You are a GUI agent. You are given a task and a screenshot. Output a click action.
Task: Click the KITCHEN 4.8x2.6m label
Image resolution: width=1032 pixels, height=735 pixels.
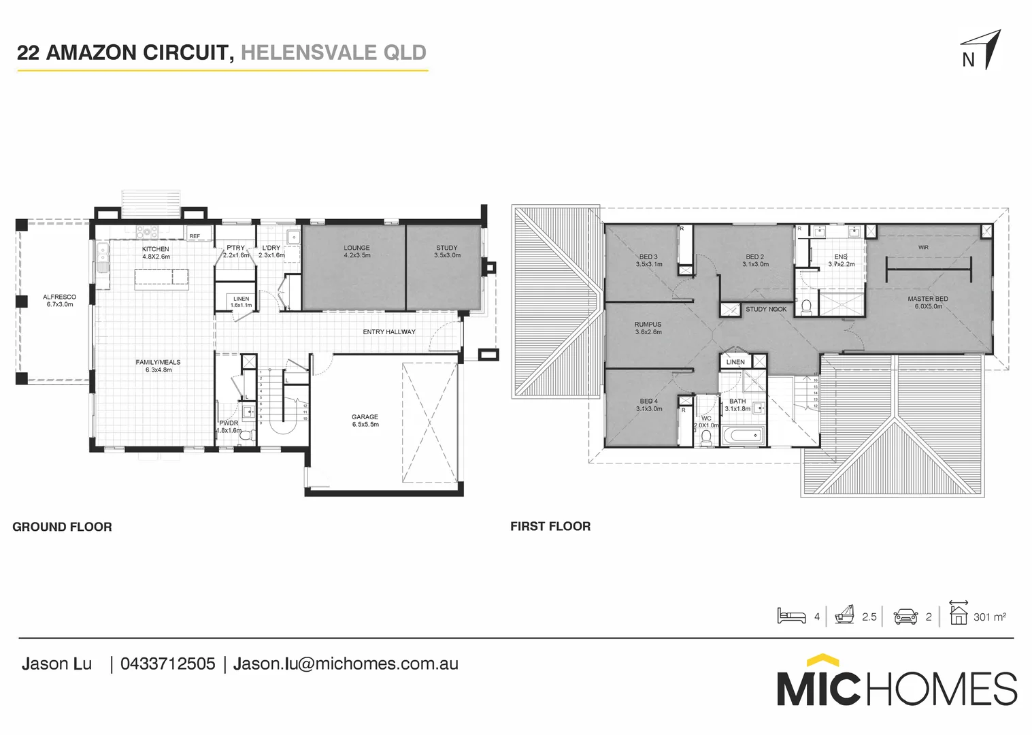[x=156, y=253]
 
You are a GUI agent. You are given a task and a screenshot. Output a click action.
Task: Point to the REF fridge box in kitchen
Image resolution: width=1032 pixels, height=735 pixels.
[x=195, y=236]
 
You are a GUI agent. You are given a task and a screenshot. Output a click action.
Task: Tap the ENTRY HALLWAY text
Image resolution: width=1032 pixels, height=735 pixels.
[x=388, y=332]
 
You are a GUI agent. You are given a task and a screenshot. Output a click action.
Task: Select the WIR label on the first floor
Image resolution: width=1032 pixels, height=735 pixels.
[x=922, y=248]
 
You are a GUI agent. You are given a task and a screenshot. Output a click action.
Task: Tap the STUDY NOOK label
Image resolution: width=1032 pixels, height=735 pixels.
[x=765, y=310]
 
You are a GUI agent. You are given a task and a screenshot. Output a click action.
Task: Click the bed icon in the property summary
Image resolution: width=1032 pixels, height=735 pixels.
[x=791, y=616]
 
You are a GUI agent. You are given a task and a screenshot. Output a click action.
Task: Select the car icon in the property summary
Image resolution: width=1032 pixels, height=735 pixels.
[x=905, y=617]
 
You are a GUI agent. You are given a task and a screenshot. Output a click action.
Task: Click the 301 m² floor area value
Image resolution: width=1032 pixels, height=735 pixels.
[x=989, y=617]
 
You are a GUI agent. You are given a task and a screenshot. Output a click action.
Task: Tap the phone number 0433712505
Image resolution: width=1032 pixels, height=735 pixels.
[x=167, y=664]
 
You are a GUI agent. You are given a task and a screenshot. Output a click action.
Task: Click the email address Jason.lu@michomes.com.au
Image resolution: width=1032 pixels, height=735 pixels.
[x=346, y=664]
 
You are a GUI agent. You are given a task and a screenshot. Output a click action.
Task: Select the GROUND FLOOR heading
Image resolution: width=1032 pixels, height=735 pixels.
[x=62, y=527]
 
